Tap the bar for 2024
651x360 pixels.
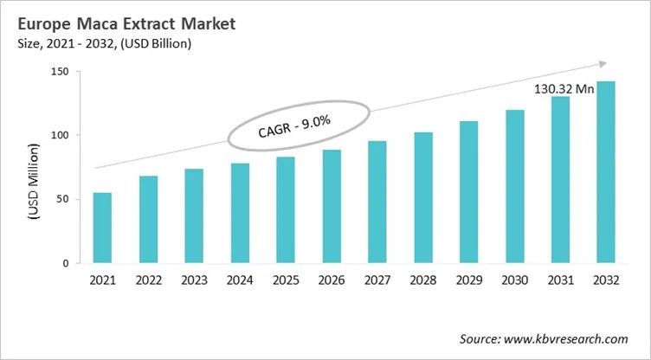tap(240, 213)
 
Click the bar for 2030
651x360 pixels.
tap(515, 186)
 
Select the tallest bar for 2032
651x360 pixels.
tap(605, 172)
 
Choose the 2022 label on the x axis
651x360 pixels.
tap(148, 280)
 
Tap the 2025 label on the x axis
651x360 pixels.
tap(286, 280)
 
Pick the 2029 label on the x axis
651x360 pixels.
tap(469, 280)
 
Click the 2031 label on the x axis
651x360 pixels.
tap(561, 280)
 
